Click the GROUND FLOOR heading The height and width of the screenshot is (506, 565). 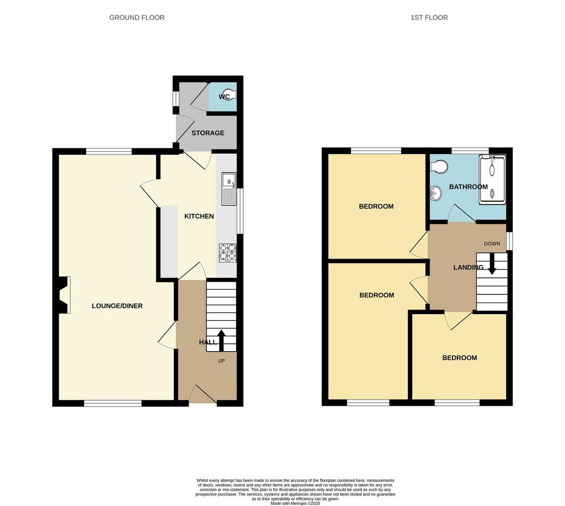pyautogui.click(x=137, y=18)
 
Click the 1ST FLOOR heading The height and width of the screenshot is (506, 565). pyautogui.click(x=429, y=18)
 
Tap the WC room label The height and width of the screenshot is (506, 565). pyautogui.click(x=224, y=97)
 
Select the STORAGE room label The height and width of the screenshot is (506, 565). pyautogui.click(x=208, y=133)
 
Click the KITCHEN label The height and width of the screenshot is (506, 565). pyautogui.click(x=199, y=216)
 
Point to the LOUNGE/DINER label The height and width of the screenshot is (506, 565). pyautogui.click(x=117, y=306)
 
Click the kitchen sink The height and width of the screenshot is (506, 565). pyautogui.click(x=229, y=189)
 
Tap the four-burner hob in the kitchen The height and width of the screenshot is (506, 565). pyautogui.click(x=228, y=252)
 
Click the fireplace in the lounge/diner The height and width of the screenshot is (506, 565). pyautogui.click(x=63, y=295)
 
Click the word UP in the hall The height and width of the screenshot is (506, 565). pyautogui.click(x=222, y=360)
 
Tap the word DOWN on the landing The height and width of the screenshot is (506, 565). pyautogui.click(x=492, y=244)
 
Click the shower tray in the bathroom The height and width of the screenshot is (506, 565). pyautogui.click(x=492, y=180)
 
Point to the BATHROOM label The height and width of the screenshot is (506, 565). pyautogui.click(x=468, y=187)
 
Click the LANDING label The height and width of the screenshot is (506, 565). pyautogui.click(x=468, y=267)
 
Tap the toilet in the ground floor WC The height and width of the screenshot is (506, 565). pyautogui.click(x=230, y=94)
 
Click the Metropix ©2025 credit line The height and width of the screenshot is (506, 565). pyautogui.click(x=296, y=503)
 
